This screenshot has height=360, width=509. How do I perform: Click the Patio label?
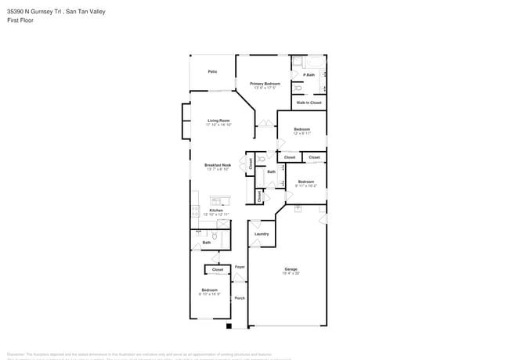point(212,71)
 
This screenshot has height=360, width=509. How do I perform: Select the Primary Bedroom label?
point(265,83)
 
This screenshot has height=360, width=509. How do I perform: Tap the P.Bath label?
point(309,75)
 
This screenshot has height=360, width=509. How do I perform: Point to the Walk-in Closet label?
point(309,103)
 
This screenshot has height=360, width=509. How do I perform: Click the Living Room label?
point(218,121)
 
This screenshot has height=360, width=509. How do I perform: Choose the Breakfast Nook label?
point(218,165)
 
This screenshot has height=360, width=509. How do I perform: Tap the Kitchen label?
point(216,211)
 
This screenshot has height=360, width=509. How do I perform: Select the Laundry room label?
point(262,234)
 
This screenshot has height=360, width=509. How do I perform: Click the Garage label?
point(291,269)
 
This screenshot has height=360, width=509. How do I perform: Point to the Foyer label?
point(240,267)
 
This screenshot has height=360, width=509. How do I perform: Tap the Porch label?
point(240,297)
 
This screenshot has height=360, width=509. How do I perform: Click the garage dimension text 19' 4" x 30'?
point(291,274)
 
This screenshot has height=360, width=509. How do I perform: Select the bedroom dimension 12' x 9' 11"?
point(302,134)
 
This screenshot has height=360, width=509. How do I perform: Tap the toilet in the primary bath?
point(297,77)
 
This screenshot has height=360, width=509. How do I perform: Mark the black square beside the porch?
point(229,326)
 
